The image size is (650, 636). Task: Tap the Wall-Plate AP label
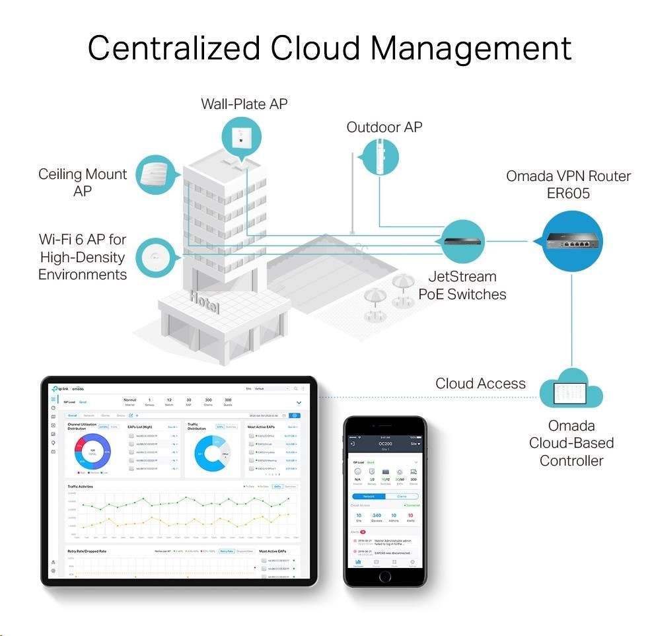[x=244, y=104]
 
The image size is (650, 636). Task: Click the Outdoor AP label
[x=384, y=127]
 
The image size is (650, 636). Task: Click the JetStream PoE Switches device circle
[x=462, y=242]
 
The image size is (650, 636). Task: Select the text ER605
[x=568, y=194]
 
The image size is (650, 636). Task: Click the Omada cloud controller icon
[x=571, y=390]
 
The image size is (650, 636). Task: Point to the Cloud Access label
[x=480, y=384]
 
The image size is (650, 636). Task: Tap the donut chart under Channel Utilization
[x=92, y=451]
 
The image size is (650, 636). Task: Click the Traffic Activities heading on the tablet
[x=81, y=487]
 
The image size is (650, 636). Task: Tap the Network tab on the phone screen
[x=369, y=496]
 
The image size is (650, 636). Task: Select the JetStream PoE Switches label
[x=462, y=285]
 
